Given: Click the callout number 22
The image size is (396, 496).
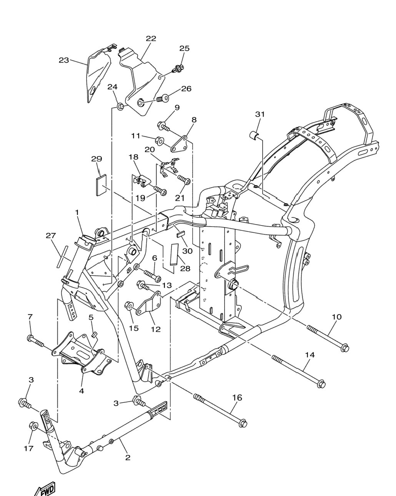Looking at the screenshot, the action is pyautogui.click(x=151, y=38).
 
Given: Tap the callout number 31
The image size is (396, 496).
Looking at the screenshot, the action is pyautogui.click(x=260, y=114).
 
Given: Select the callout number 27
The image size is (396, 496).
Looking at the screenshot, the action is pyautogui.click(x=51, y=235).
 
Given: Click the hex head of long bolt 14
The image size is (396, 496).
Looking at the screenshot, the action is pyautogui.click(x=321, y=384).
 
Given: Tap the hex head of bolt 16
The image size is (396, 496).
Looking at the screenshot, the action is pyautogui.click(x=243, y=423).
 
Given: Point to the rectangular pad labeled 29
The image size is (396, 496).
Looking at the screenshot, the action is pyautogui.click(x=101, y=185).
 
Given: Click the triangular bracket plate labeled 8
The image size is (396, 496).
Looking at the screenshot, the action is pyautogui.click(x=180, y=145).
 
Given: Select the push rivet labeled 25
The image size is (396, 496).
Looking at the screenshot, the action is pyautogui.click(x=178, y=68).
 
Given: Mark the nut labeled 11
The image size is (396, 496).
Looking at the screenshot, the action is pyautogui.click(x=159, y=140).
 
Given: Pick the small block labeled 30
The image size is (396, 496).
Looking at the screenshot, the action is pyautogui.click(x=180, y=234).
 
